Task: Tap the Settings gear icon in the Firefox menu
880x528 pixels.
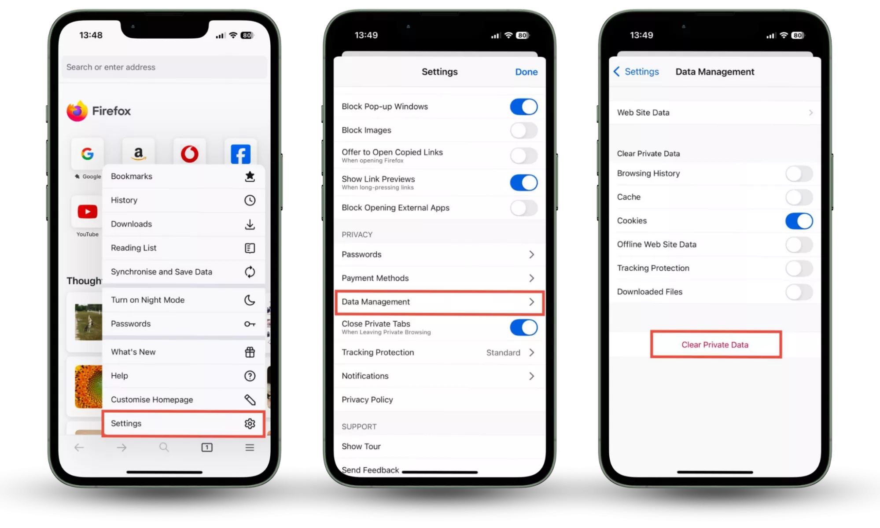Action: point(250,423)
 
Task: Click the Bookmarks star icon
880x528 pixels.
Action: point(250,176)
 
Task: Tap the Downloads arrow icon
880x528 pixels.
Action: point(250,224)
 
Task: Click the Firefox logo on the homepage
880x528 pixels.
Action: point(77,111)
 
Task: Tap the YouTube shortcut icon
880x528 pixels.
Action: point(88,212)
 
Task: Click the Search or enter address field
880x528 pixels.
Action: point(164,67)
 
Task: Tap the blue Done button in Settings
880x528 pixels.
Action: point(526,72)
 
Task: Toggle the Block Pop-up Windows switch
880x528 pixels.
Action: point(523,107)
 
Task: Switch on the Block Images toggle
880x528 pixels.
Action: point(523,131)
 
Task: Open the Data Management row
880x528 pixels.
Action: point(439,302)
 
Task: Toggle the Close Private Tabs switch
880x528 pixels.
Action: point(523,327)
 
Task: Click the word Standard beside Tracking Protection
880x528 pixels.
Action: point(503,352)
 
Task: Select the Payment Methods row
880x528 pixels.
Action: point(439,278)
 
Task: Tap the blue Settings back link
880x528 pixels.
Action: point(636,72)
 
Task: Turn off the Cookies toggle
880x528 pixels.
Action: point(799,221)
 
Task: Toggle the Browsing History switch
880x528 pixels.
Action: point(799,174)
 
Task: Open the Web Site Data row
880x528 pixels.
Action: point(715,113)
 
